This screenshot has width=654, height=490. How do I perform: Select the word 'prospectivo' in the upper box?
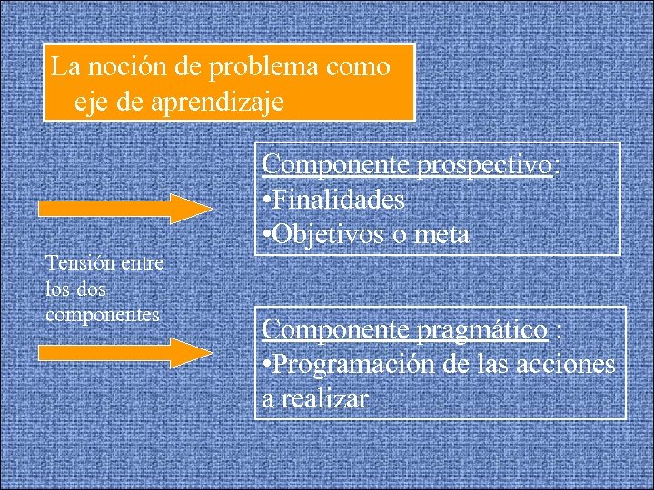pos(483,165)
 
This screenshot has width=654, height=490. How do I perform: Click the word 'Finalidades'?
pos(338,199)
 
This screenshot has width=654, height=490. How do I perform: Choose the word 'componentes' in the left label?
pos(103,314)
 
